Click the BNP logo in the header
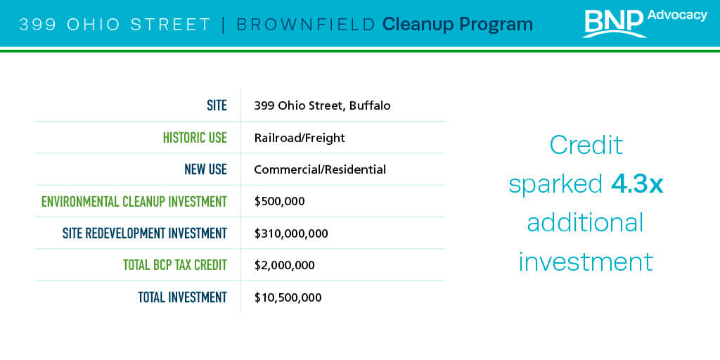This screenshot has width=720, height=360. (x=615, y=23)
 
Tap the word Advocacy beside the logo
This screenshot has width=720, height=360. (x=677, y=15)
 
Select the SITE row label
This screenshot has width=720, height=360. (x=217, y=105)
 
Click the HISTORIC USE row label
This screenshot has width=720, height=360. (x=195, y=137)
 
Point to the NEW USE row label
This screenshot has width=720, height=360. (x=206, y=169)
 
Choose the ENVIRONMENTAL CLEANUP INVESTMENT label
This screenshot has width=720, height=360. (x=134, y=202)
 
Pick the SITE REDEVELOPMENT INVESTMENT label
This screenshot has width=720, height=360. (x=145, y=233)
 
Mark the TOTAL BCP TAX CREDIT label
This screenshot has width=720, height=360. (x=175, y=265)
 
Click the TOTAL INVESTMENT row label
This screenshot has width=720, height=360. (x=183, y=297)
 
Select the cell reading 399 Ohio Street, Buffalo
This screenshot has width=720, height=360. (x=322, y=106)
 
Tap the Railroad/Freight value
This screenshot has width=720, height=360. (x=300, y=138)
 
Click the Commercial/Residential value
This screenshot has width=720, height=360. (x=320, y=170)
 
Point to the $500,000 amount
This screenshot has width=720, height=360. (x=280, y=202)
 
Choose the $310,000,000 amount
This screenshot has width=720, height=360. (x=291, y=233)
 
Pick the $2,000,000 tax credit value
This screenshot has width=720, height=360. (x=285, y=265)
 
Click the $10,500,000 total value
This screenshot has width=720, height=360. (x=288, y=297)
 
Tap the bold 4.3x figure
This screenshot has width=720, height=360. (x=637, y=185)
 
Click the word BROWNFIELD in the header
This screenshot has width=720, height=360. (x=306, y=25)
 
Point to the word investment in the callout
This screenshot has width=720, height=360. (x=586, y=262)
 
